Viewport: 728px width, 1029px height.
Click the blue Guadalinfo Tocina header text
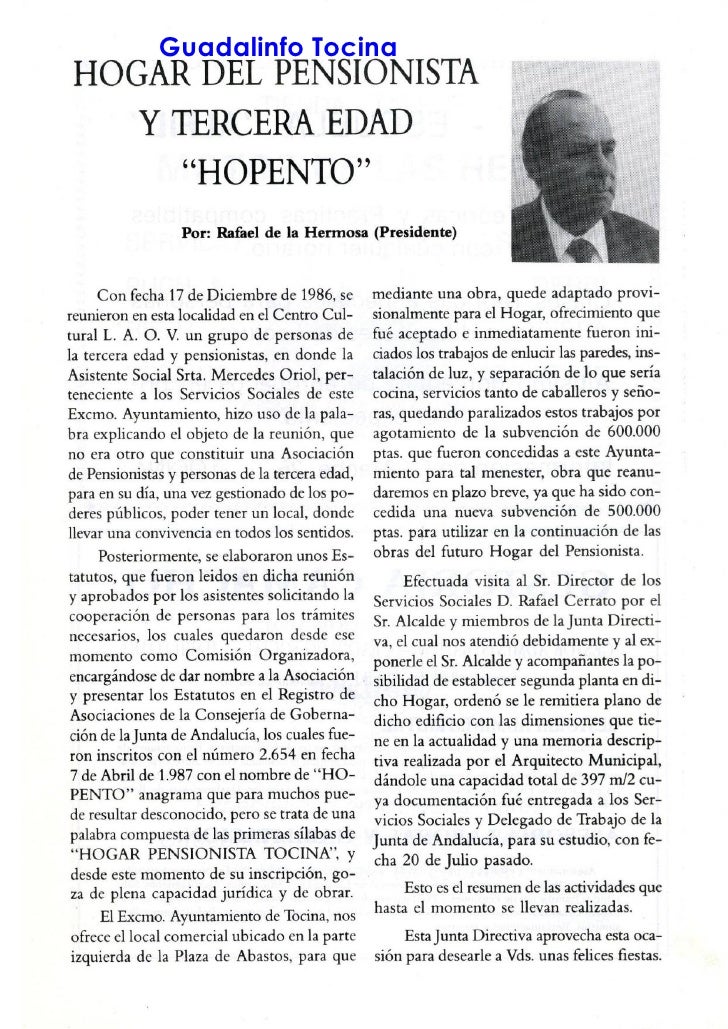coord(279,46)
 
